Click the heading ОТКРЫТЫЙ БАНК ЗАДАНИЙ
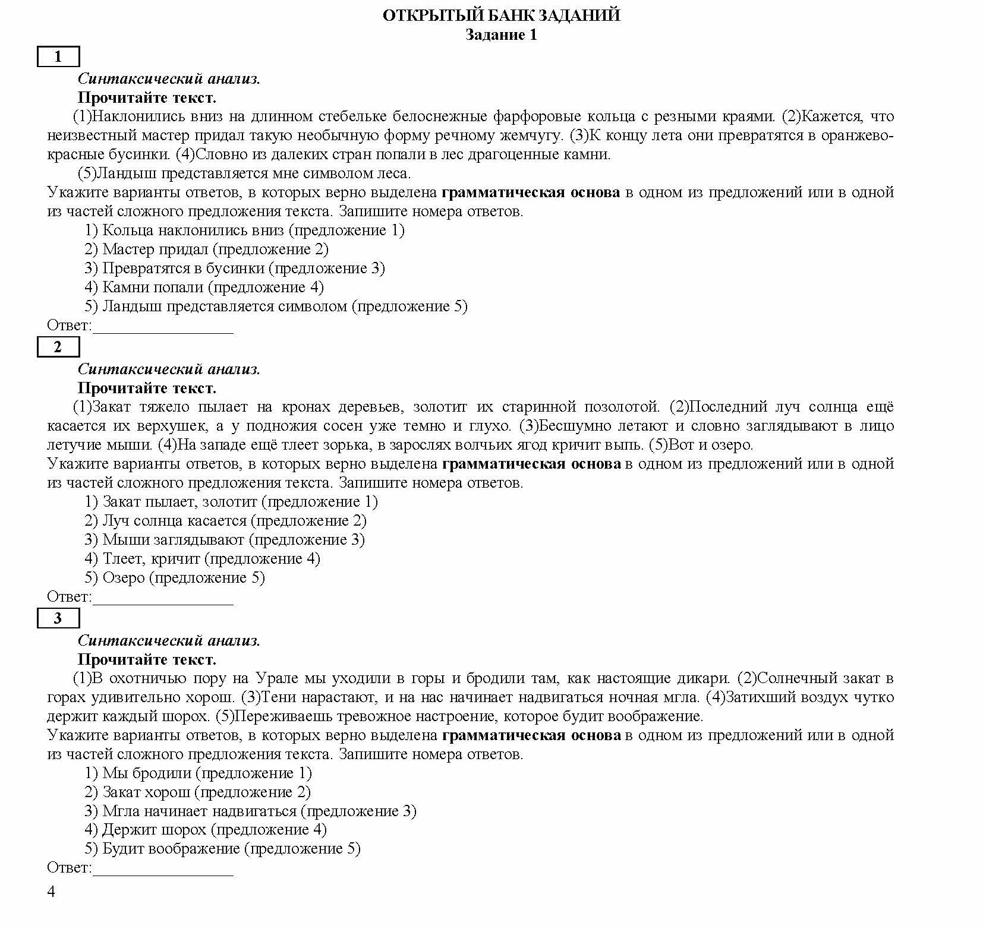coord(501,15)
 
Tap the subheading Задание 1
coord(501,34)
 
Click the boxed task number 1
coord(58,57)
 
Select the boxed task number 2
coord(58,347)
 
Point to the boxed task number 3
coord(58,618)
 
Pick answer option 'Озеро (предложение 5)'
coord(174,578)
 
